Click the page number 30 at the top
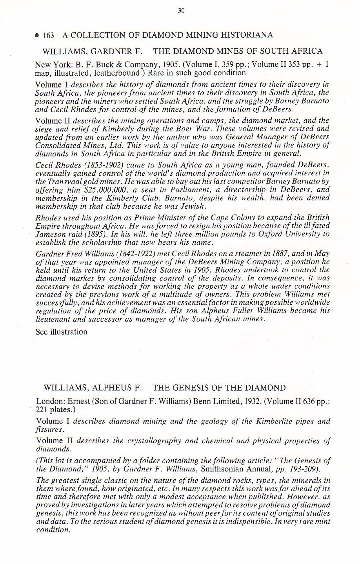coord(181,11)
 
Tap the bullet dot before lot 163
coord(37,36)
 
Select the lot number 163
coord(49,35)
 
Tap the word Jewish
coord(195,206)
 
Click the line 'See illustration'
coord(61,332)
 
